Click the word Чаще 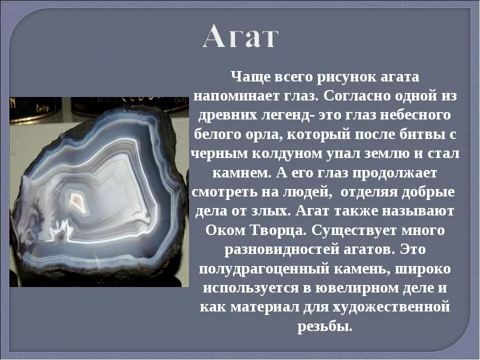coord(249,77)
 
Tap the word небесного coord(414,114)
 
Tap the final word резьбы coord(325,326)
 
